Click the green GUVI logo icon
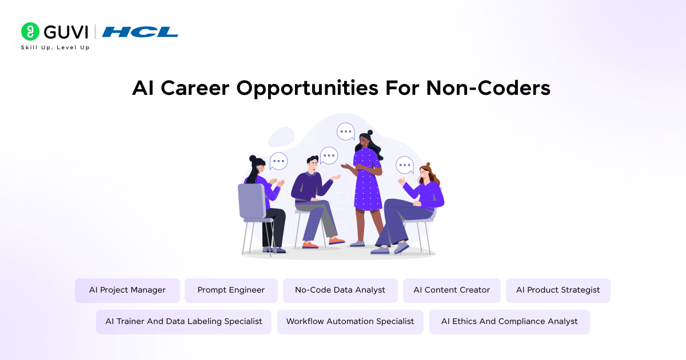point(30,31)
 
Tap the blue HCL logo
point(140,32)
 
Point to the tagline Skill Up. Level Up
point(55,47)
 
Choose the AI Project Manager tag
point(127,290)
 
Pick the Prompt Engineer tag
point(231,290)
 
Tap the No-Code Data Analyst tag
point(340,290)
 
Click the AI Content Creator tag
point(452,290)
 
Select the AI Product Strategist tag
point(558,290)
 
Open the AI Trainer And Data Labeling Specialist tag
point(184,322)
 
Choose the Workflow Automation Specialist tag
point(350,322)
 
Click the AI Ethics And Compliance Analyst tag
point(509,322)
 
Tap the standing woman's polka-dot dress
point(368,183)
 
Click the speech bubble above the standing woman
point(345,132)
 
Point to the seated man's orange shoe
point(310,245)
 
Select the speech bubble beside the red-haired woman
point(405,165)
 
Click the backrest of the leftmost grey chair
point(250,201)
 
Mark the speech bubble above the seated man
point(329,155)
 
